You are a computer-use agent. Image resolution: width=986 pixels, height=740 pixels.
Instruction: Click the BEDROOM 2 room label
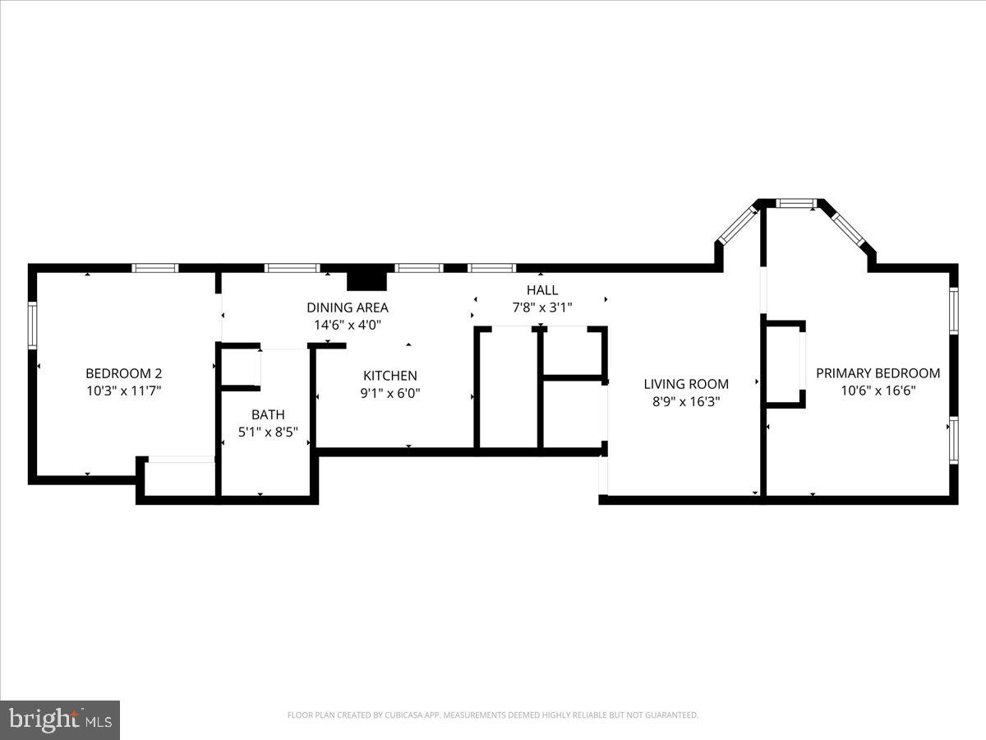124,372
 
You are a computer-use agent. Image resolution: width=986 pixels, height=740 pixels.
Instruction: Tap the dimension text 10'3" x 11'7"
124,391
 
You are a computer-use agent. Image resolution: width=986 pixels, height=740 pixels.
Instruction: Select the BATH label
268,414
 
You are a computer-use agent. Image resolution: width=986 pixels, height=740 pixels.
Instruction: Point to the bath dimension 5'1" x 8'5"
268,432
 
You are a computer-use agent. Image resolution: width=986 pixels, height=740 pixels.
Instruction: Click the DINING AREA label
348,308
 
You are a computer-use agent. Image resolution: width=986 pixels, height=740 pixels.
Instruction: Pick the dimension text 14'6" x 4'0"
348,325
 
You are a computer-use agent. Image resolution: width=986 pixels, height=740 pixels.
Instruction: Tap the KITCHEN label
390,376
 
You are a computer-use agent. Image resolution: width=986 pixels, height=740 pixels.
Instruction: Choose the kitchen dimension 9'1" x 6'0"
391,393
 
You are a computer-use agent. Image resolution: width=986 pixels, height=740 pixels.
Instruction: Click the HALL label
542,290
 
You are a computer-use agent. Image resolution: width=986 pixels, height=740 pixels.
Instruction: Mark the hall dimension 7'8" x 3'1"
541,308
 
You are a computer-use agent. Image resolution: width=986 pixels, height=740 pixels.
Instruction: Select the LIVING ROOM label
686,384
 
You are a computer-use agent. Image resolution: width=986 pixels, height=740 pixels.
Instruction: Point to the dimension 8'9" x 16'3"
685,401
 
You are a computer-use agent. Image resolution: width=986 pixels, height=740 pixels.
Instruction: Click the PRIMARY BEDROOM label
878,373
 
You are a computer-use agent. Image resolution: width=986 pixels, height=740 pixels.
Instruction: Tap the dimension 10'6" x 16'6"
878,391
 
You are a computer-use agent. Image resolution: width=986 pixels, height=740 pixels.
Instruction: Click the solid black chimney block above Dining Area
366,280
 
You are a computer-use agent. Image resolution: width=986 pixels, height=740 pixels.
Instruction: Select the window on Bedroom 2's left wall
33,326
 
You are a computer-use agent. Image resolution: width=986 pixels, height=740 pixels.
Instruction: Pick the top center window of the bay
796,202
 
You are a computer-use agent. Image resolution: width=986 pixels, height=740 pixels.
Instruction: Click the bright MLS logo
60,720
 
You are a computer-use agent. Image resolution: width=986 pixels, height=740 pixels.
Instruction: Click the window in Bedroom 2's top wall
155,268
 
